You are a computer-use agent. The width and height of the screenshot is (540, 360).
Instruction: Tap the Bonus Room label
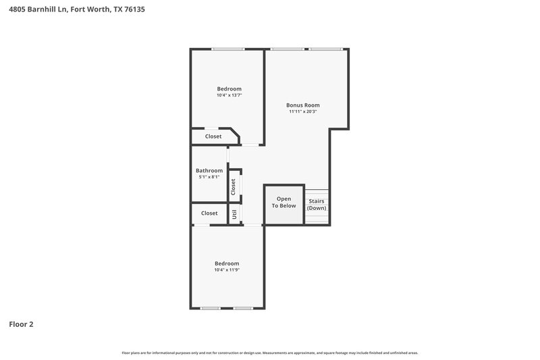point(303,105)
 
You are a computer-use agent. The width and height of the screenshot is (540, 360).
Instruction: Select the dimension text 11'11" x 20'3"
point(303,112)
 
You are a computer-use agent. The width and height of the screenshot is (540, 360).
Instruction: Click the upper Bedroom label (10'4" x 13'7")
point(229,89)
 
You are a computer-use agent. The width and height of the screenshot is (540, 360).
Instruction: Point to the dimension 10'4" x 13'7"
point(229,96)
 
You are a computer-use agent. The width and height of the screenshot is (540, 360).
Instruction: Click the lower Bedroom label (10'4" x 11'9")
point(227,263)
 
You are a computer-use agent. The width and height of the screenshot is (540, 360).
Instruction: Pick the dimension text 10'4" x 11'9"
point(227,270)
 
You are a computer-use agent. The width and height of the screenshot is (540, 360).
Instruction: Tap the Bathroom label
point(209,171)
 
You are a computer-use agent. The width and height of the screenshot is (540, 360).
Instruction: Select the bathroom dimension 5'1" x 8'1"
point(209,178)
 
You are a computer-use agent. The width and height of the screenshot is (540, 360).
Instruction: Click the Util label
point(235,214)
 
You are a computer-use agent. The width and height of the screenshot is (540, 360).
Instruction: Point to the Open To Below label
point(284,202)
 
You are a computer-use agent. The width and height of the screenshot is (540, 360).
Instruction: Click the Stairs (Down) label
point(317,205)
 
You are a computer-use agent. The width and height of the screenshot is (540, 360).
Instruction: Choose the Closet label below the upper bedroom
point(213,136)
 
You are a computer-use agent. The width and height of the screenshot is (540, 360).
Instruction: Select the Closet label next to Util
point(209,213)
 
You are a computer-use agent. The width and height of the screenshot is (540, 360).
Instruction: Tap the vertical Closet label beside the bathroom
point(234,186)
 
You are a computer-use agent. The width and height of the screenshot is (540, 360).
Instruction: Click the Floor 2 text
point(21,324)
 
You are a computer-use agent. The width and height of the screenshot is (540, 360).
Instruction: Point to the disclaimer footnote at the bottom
point(269,353)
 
